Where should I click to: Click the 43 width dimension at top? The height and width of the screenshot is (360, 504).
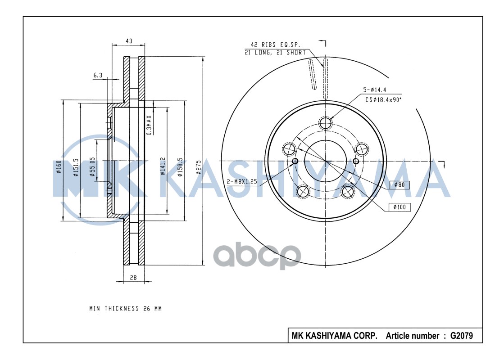pyautogui.click(x=129, y=41)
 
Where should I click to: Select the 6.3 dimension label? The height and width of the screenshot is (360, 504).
pyautogui.click(x=98, y=75)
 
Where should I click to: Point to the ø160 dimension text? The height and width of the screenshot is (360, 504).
pyautogui.click(x=59, y=166)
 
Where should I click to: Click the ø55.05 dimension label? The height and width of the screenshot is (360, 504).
pyautogui.click(x=92, y=166)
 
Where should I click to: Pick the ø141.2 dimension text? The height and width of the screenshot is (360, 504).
pyautogui.click(x=163, y=166)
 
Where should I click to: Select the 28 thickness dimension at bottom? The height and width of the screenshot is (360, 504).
pyautogui.click(x=133, y=278)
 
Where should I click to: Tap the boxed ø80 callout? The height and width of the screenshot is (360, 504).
pyautogui.click(x=400, y=185)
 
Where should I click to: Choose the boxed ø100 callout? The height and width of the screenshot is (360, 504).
pyautogui.click(x=400, y=207)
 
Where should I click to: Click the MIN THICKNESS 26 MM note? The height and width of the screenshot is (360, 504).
pyautogui.click(x=125, y=309)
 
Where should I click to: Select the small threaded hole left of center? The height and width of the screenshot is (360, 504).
pyautogui.click(x=295, y=162)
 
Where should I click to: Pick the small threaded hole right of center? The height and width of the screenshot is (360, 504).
pyautogui.click(x=356, y=162)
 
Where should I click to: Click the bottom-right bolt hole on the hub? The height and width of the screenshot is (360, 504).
pyautogui.click(x=347, y=191)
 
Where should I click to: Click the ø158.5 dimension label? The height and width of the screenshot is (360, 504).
pyautogui.click(x=180, y=166)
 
